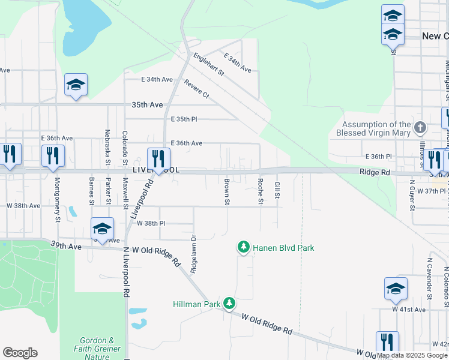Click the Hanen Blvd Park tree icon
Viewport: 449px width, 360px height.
point(243,247)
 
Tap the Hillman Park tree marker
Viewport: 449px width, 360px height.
point(229,304)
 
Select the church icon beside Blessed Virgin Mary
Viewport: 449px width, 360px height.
point(420,127)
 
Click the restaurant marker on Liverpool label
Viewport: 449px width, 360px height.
point(158,160)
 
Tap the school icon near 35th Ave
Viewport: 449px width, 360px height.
point(76,85)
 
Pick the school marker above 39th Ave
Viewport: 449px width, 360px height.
point(102,229)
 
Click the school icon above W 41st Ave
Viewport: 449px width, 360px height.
point(396,289)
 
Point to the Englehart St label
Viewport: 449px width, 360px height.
point(208,65)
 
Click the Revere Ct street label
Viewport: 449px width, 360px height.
point(197,89)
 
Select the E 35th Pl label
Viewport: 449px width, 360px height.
point(184,119)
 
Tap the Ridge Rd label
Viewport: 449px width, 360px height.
point(375,172)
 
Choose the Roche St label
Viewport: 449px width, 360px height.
point(261,191)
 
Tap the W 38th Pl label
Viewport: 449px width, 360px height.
point(151,223)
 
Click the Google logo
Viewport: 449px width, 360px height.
point(20,353)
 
